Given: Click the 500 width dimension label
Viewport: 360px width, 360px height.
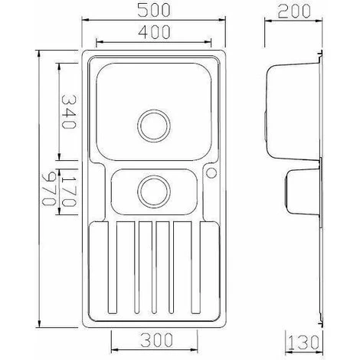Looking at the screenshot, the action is tap(153, 11).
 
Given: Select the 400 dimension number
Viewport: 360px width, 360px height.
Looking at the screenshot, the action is tap(154, 32).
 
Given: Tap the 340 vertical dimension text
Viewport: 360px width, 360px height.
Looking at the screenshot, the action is tap(69, 112).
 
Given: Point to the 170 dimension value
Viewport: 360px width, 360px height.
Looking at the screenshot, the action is tap(69, 190).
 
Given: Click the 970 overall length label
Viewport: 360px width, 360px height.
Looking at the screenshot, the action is tap(48, 188).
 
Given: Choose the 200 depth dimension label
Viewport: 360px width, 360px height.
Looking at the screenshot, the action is tap(294, 11).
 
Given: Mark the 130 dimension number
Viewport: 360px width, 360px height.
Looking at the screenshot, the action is tap(304, 342).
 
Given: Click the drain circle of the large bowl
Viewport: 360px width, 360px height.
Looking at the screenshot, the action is tap(154, 126).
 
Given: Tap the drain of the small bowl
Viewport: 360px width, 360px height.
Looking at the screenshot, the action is tap(154, 191).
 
